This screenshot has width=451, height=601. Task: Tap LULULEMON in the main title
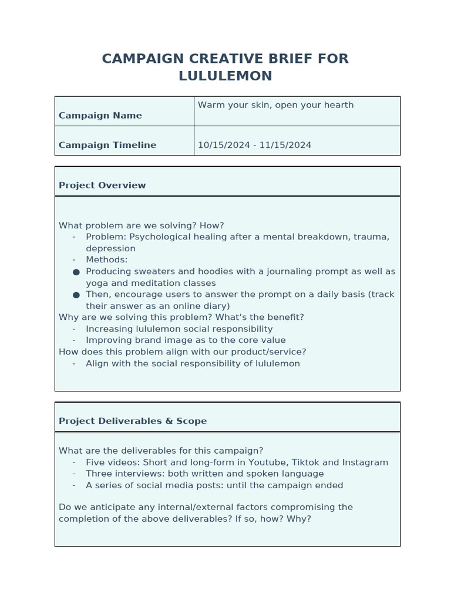(x=225, y=76)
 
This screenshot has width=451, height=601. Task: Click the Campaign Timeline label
(x=107, y=145)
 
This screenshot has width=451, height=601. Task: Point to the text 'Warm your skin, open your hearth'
(x=275, y=105)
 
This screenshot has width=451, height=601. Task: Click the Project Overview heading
(x=102, y=185)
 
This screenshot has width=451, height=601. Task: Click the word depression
(x=110, y=249)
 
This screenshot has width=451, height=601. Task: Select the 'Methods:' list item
(x=106, y=260)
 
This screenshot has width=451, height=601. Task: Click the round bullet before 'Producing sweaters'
(x=76, y=272)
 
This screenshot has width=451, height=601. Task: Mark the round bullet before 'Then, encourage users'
(x=76, y=295)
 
